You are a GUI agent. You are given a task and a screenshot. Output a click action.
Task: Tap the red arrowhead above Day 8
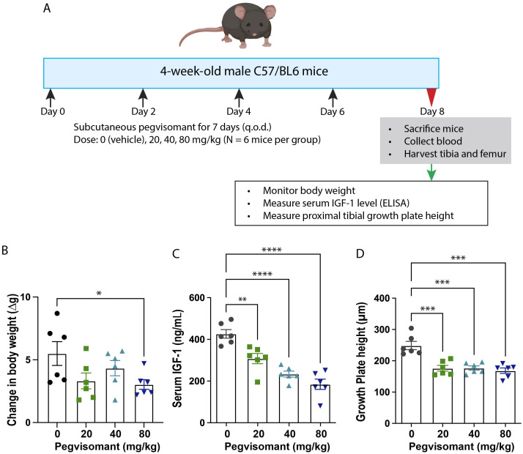click(430, 96)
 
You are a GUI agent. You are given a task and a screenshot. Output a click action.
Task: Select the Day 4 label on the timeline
click(239, 111)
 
